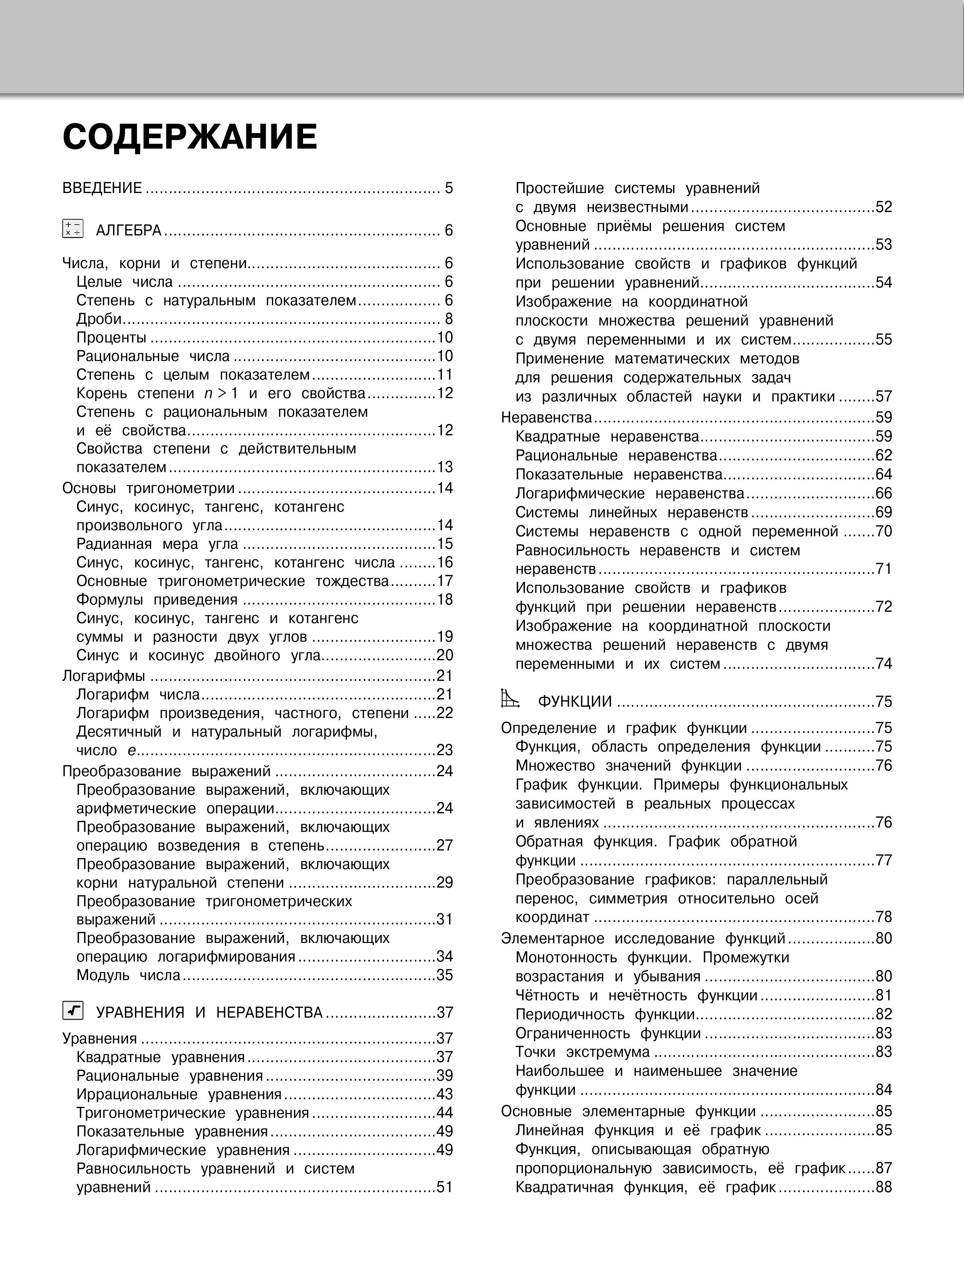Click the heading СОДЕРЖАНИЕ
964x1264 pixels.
tap(189, 138)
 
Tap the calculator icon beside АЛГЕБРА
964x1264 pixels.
tap(73, 229)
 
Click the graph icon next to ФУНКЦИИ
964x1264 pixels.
tap(510, 699)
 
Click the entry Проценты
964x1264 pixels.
tap(112, 338)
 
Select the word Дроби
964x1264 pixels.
tap(99, 319)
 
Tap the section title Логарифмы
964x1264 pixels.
tap(104, 676)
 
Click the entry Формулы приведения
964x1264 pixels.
tap(157, 600)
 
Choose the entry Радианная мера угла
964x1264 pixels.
tap(157, 544)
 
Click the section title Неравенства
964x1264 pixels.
tap(546, 418)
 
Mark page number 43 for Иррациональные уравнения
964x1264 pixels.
tap(445, 1094)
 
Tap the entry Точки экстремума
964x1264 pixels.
tap(583, 1052)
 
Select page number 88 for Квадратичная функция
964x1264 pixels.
tap(884, 1187)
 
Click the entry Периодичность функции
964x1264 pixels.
tap(605, 1014)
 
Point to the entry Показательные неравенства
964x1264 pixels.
tap(619, 475)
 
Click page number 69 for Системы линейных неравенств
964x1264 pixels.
tap(884, 513)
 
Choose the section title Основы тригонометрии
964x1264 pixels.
tap(148, 489)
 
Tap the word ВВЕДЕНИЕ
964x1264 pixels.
tap(102, 188)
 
